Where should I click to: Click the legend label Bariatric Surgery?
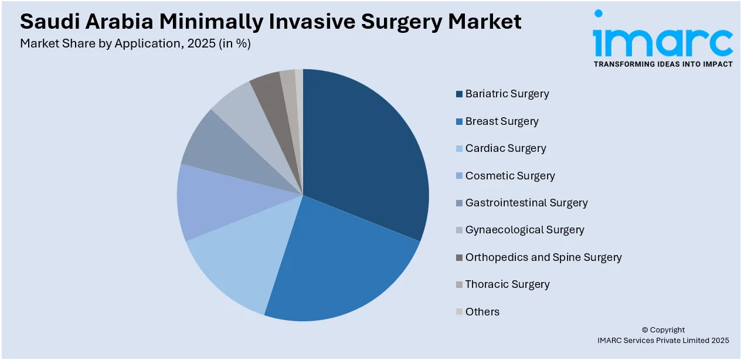pyautogui.click(x=507, y=94)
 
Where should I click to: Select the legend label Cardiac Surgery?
pyautogui.click(x=505, y=148)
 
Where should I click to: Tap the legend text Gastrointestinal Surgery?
pyautogui.click(x=526, y=203)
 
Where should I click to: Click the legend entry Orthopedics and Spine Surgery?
pyautogui.click(x=543, y=257)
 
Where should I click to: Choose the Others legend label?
pyautogui.click(x=482, y=312)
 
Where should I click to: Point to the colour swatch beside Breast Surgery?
pyautogui.click(x=459, y=121)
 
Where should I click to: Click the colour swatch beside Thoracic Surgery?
pyautogui.click(x=459, y=285)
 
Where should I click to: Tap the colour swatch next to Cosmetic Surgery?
pyautogui.click(x=459, y=176)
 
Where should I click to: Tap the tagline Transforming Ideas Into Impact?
pyautogui.click(x=662, y=64)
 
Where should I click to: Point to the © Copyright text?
pyautogui.click(x=662, y=330)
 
